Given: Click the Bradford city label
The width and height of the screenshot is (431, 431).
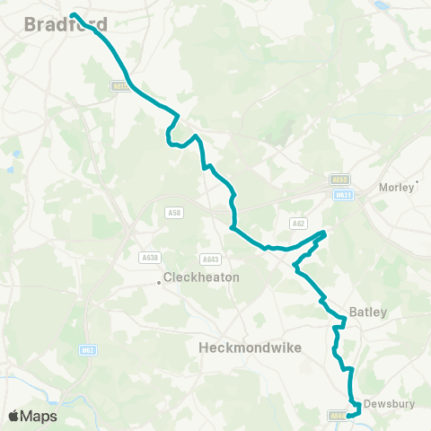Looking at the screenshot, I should click(x=54, y=24).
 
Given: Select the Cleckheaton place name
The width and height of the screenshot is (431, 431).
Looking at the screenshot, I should click(x=202, y=277).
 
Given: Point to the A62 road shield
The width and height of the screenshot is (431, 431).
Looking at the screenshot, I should click(x=298, y=223).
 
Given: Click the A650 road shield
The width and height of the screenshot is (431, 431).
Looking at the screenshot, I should click(x=339, y=180).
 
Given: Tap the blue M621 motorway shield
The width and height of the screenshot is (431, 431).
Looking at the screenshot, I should click(x=342, y=194).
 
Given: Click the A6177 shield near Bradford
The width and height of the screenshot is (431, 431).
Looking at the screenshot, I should click(x=121, y=86).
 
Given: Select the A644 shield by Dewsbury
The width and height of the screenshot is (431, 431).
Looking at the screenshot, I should click(x=336, y=415).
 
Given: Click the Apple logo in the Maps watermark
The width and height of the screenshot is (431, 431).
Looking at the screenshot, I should click(x=13, y=416).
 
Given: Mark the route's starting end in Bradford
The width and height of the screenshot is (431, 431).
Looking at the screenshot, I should click(x=73, y=15).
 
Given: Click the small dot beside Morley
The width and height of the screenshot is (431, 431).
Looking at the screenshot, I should click(x=416, y=188).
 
